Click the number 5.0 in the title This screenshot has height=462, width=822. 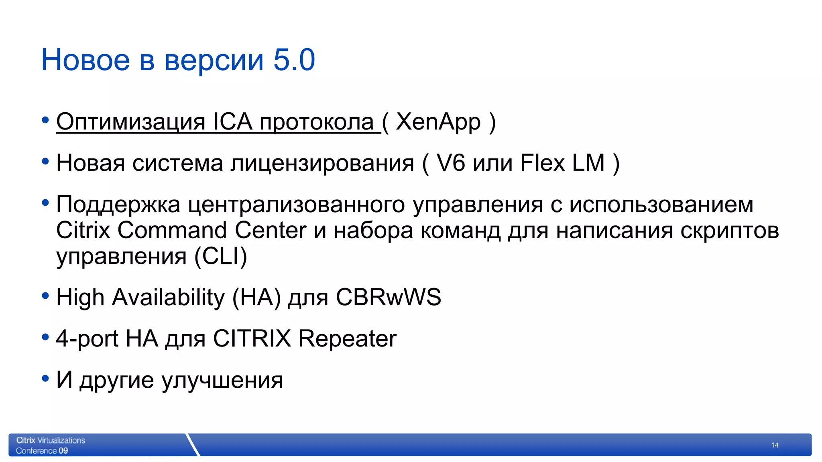294,60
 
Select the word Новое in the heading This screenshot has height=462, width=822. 85,60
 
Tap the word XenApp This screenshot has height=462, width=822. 438,122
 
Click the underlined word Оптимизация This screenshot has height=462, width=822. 131,122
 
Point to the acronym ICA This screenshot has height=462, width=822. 232,122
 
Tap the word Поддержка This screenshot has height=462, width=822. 118,205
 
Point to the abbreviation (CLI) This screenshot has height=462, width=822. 221,256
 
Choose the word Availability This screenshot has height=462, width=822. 168,298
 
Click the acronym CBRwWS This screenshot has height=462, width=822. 388,298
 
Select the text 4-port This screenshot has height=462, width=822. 87,339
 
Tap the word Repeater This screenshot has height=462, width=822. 347,339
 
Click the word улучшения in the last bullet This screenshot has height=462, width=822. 222,380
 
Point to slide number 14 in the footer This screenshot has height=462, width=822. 775,445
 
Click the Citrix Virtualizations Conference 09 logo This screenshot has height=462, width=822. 51,445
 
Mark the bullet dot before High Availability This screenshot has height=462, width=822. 45,296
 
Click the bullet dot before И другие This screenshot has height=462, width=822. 45,378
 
